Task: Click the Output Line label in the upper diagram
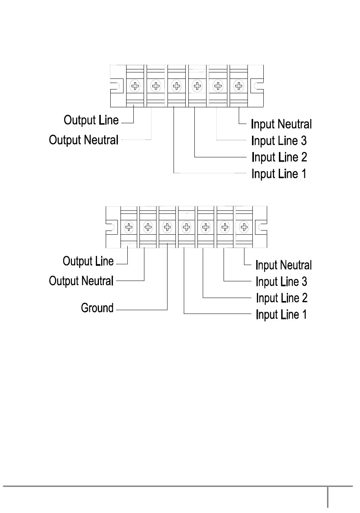tap(91, 120)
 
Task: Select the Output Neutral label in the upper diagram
tap(84, 140)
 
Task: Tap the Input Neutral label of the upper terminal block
tap(281, 124)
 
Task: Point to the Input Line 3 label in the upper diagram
tap(279, 141)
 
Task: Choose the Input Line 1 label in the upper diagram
tap(279, 174)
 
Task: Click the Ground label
tap(97, 308)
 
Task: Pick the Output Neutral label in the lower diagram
tap(81, 281)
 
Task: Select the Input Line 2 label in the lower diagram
tap(282, 298)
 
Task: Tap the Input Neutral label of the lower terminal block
tap(283, 265)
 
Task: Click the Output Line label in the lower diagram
tap(88, 261)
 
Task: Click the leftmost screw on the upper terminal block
tap(135, 86)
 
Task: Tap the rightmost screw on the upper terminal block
tap(238, 86)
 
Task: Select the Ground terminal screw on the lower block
tap(167, 227)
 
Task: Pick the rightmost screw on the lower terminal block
tap(244, 227)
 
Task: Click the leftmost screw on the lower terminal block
tap(129, 227)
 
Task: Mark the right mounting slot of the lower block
tap(262, 227)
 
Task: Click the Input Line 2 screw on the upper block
tap(197, 86)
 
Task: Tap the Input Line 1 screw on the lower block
tap(186, 227)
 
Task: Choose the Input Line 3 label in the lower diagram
tap(281, 282)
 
